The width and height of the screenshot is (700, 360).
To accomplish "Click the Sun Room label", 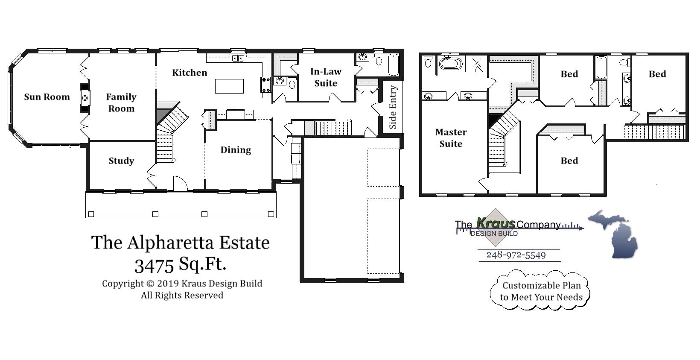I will pos(47,97).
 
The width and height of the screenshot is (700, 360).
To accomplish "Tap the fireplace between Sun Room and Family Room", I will pos(85,98).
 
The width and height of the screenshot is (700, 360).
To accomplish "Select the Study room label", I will pos(121,161).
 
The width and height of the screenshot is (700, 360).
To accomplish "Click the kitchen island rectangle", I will pos(229,86).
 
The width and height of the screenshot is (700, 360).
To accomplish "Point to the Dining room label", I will pos(236,150).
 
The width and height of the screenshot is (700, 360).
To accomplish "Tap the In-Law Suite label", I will pos(326,77).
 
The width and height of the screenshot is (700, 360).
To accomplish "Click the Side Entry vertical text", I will pos(393,107).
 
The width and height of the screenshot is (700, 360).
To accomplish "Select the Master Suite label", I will pos(451,138).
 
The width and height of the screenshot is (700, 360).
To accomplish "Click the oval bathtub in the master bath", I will pos(451,64).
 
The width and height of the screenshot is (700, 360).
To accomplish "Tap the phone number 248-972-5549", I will pos(516,255).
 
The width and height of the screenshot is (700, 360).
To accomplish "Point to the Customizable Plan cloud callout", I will pos(541,291).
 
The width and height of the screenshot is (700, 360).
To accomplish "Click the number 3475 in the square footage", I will pos(154,265).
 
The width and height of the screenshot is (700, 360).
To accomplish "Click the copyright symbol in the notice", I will pos(150,284).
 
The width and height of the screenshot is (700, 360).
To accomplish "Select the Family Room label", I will pos(121,102).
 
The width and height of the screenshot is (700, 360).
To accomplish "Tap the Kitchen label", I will pos(190,73).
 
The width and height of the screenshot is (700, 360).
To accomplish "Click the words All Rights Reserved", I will pos(182,295).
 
